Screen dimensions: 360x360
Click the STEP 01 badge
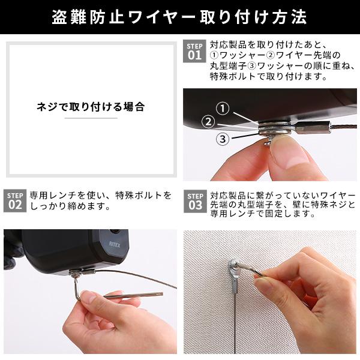[194, 51]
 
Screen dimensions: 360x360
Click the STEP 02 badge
[15, 200]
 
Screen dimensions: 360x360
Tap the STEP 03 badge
[195, 201]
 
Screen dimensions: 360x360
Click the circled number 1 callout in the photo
[223, 109]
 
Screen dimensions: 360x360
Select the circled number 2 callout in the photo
[208, 122]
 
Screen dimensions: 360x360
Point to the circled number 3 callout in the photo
[223, 139]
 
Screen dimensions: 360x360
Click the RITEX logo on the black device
[115, 244]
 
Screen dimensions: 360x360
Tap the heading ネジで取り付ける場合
[91, 107]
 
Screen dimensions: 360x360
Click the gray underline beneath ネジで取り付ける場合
[91, 118]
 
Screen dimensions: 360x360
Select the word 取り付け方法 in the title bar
[254, 17]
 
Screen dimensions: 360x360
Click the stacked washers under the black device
[275, 128]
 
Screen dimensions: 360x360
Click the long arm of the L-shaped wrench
[133, 295]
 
